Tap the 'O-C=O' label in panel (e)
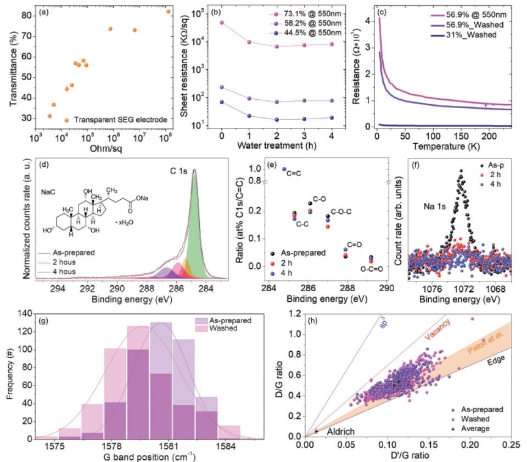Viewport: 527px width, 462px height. (x=372, y=269)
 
